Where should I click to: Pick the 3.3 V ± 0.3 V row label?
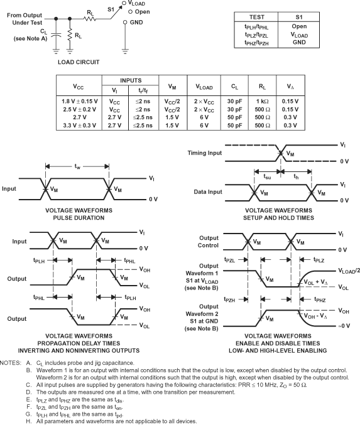(81, 126)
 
